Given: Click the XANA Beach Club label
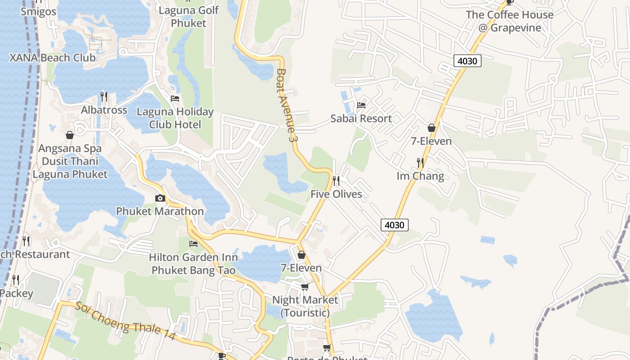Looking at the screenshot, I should (x=53, y=58).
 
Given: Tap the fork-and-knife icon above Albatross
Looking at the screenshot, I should (x=103, y=96).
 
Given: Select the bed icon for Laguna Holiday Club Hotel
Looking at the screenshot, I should (x=175, y=98).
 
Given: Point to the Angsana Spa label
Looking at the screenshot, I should (x=70, y=148).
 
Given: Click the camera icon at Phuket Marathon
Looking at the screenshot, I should (x=160, y=198).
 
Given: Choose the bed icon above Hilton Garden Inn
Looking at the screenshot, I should (x=193, y=244).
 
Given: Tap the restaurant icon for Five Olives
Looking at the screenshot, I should (x=336, y=181).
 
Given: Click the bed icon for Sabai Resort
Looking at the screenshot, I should (x=361, y=105).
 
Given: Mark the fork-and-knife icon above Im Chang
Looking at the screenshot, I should (x=420, y=162).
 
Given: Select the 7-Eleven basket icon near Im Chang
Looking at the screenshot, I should (x=432, y=128).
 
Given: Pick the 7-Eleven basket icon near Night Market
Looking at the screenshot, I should (x=301, y=255).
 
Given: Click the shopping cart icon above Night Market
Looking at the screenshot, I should (x=305, y=287).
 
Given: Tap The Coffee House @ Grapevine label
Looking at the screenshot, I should (x=509, y=21).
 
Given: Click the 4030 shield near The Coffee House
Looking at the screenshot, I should (x=467, y=61).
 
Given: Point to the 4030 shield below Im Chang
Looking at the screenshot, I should (x=395, y=225).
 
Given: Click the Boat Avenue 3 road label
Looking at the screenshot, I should (x=288, y=106).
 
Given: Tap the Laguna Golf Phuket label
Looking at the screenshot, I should (x=189, y=16).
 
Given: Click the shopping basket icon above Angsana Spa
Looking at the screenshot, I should (x=70, y=135).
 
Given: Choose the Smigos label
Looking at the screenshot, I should (x=39, y=12).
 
